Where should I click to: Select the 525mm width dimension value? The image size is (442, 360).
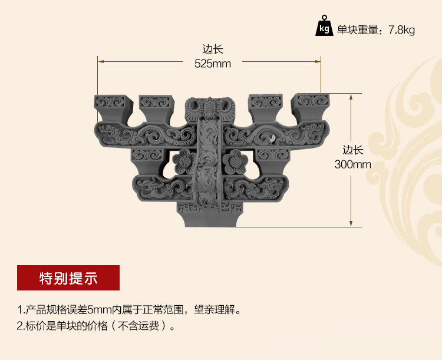(x=213, y=64)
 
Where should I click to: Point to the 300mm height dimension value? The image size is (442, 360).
(x=352, y=164)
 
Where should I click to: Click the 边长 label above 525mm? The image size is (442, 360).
(x=213, y=50)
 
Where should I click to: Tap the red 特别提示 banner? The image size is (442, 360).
(x=68, y=278)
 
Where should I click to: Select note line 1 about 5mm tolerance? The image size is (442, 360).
(x=129, y=309)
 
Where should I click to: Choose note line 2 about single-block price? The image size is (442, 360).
(x=97, y=325)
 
